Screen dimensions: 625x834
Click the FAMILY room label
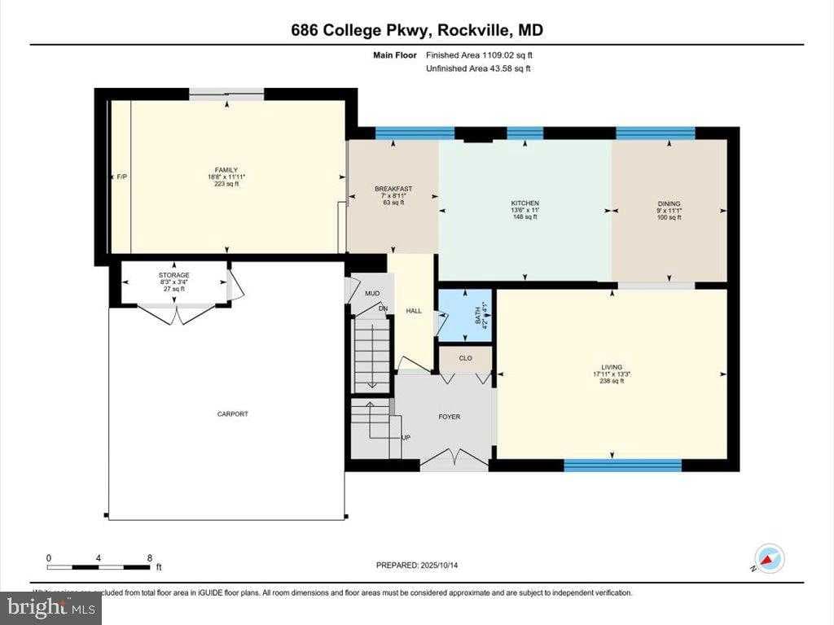tap(226, 170)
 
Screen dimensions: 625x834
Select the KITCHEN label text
tap(525, 203)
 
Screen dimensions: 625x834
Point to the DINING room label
tap(669, 204)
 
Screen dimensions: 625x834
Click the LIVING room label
tap(612, 368)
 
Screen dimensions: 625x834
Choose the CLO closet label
tap(465, 357)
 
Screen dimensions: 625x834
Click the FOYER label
tap(449, 417)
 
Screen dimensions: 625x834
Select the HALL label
tap(415, 310)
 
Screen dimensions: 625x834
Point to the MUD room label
tap(372, 293)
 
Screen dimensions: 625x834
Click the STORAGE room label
tap(173, 276)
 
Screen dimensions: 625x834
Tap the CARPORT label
tap(232, 414)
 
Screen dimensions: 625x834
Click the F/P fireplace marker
tap(122, 177)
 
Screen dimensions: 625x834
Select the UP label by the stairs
tap(405, 438)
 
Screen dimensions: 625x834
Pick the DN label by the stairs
tap(383, 308)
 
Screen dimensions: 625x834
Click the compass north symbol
tap(769, 558)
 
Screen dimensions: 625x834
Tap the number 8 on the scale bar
tap(149, 558)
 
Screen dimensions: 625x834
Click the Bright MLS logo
tap(50, 607)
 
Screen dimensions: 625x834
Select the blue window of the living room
tap(622, 465)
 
